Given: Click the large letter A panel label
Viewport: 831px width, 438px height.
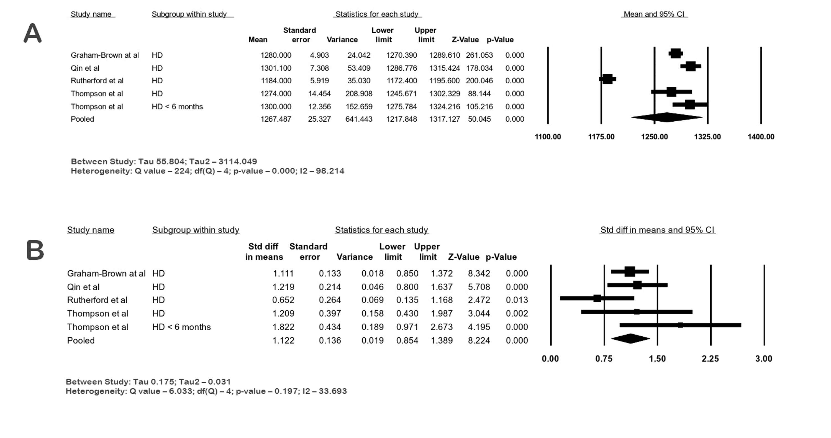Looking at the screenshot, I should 33,33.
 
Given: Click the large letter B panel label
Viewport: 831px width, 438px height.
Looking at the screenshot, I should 35,250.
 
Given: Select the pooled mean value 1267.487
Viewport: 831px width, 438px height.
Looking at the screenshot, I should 276,119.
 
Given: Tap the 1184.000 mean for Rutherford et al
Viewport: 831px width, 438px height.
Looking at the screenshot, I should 276,81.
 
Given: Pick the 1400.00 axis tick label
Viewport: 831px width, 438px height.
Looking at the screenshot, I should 760,137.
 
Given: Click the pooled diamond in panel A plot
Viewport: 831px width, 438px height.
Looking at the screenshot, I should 666,117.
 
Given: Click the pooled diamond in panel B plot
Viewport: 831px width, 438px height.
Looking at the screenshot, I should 630,338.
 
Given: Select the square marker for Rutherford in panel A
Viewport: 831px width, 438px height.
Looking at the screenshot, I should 607,79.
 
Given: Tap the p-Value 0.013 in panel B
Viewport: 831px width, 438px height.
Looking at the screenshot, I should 517,300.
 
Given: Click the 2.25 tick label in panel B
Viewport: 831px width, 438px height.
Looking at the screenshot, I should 710,359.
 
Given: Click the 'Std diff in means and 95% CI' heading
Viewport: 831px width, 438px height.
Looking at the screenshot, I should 657,230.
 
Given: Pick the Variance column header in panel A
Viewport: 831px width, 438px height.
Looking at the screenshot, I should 342,40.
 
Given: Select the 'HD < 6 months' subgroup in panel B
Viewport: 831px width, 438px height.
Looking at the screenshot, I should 181,327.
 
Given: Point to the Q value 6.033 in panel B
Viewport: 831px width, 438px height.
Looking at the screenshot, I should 181,391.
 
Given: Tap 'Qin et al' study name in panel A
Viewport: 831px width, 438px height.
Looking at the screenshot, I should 85,68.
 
